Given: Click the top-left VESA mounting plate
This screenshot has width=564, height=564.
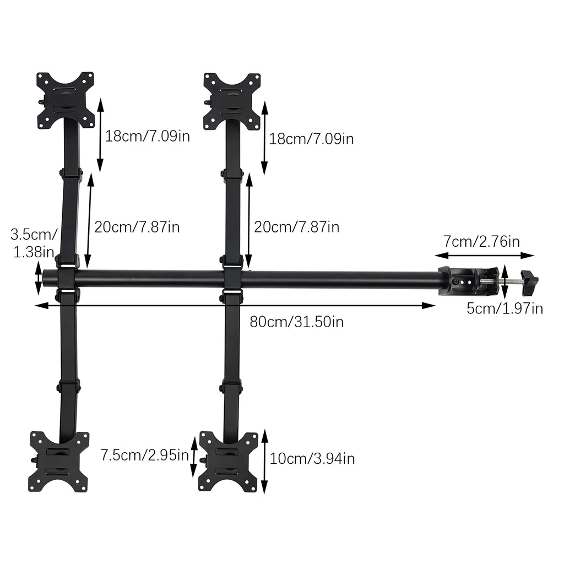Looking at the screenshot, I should click(66, 100).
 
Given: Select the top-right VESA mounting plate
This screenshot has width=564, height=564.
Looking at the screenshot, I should click(232, 101).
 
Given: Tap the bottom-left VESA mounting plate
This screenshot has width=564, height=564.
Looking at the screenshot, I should click(59, 462).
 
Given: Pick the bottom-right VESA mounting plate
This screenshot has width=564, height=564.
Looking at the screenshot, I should click(228, 462).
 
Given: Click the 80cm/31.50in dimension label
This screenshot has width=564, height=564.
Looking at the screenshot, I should click(296, 322).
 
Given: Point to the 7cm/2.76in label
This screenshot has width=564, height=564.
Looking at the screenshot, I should click(481, 241).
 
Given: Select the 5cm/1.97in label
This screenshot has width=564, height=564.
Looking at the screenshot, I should click(505, 308).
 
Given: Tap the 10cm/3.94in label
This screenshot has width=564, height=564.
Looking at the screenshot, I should click(312, 458).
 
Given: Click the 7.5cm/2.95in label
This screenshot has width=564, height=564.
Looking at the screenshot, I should click(145, 455).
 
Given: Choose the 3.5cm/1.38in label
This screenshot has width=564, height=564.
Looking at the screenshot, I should click(32, 243).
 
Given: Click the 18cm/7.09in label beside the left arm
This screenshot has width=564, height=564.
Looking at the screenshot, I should click(148, 136).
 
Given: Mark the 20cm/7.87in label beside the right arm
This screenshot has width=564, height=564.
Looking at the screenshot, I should click(296, 226).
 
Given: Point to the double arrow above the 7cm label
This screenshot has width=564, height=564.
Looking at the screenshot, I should click(485, 255).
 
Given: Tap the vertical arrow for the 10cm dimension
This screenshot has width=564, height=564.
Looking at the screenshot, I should click(264, 462).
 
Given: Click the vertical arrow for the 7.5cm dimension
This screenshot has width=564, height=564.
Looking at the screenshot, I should click(193, 457).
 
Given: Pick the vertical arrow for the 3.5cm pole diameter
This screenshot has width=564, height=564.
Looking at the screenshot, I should click(38, 279).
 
